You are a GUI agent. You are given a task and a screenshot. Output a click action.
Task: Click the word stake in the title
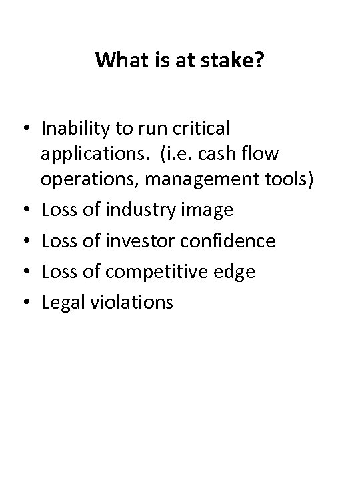233,61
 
